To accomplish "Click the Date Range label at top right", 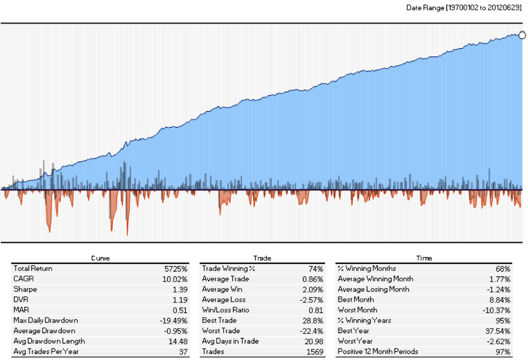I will tap(464, 7).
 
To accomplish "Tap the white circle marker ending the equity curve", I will tap(522, 35).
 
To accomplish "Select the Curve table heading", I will tap(100, 258).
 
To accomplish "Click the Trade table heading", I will tap(262, 258).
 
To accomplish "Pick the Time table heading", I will tap(424, 258).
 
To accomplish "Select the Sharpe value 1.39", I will tap(181, 289).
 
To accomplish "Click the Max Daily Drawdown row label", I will tap(46, 320).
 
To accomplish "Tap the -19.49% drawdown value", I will tap(174, 320).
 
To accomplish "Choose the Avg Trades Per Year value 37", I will tap(184, 352).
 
